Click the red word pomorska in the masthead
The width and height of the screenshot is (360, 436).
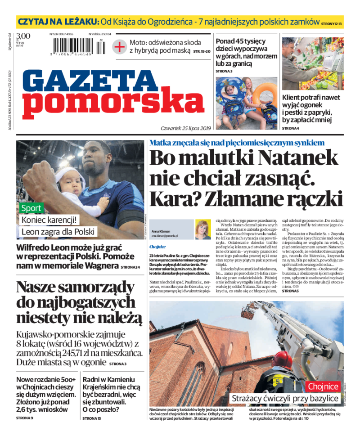tap(113, 104)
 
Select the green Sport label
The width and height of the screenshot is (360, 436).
tap(31, 208)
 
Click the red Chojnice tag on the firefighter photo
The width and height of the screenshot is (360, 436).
tap(323, 387)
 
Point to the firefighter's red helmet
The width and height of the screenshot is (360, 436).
tap(283, 359)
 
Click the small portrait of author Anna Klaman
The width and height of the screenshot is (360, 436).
tap(202, 229)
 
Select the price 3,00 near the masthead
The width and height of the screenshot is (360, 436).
tap(23, 36)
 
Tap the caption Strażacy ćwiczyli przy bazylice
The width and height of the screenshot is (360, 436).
tap(284, 399)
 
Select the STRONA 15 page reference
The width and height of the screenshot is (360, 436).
tap(92, 418)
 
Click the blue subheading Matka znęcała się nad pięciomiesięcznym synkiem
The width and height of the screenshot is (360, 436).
tap(237, 142)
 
